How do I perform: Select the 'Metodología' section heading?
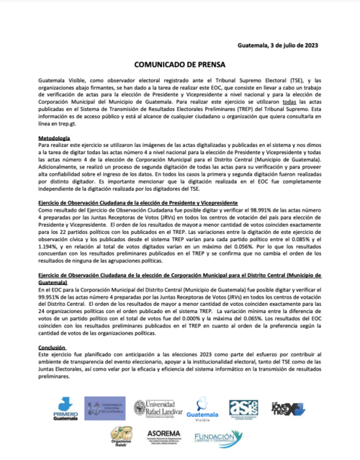pos(54,137)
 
